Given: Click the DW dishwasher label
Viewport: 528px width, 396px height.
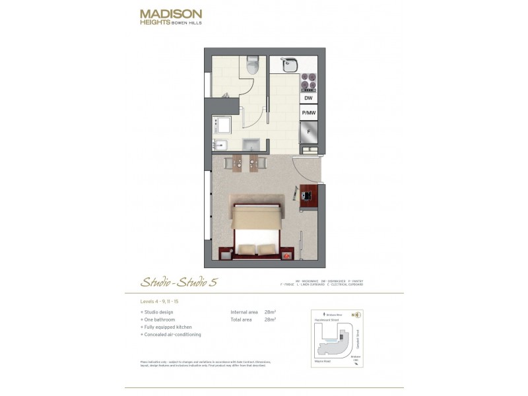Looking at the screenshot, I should coord(308,98).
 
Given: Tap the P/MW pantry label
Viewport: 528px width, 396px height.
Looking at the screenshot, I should coord(308,114).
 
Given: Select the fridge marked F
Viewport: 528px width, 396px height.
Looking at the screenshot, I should coord(308,132).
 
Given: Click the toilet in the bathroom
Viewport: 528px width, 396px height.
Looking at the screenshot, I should coord(251,66).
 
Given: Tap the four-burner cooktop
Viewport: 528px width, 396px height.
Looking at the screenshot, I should coord(308,81).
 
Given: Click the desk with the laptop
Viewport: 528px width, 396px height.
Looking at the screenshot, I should coord(308,196).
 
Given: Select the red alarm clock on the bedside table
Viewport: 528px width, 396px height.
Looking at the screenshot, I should coord(287,254).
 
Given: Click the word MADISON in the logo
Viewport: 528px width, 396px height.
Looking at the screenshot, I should coord(171,13).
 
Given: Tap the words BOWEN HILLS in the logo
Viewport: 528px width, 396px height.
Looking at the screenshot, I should coord(187,22).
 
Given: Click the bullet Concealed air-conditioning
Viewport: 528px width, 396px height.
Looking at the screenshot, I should coord(172,335).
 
